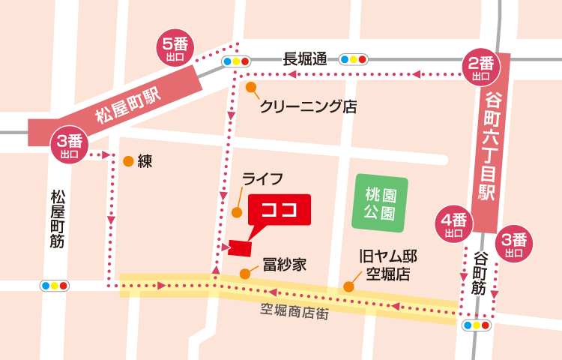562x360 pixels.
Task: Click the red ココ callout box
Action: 279,210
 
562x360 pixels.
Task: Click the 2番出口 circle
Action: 480,68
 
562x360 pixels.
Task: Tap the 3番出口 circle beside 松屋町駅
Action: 70,147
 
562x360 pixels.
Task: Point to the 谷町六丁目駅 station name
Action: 492,145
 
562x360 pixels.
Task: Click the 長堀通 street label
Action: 305,59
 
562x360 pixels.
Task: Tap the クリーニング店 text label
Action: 307,106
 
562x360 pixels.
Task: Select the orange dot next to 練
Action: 129,161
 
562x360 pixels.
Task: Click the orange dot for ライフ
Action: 237,212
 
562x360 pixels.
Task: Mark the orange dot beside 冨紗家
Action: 244,273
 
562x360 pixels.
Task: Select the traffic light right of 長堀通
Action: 353,59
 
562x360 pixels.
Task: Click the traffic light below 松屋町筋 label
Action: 55,286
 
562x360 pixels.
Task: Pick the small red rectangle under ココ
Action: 241,247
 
